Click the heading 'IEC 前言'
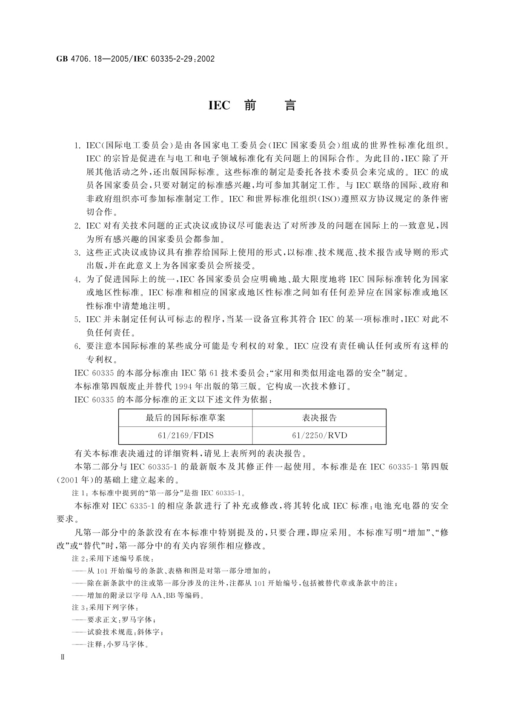(x=252, y=105)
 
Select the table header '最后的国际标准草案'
(x=185, y=418)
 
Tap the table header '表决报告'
(x=319, y=418)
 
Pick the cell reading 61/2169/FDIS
(x=185, y=435)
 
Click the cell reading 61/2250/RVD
(x=319, y=435)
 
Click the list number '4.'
(x=77, y=280)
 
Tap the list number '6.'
(x=77, y=346)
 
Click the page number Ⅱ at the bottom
(x=62, y=669)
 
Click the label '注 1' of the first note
(x=79, y=494)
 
